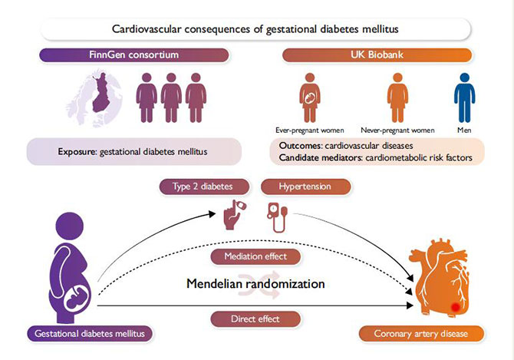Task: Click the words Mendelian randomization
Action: pyautogui.click(x=255, y=284)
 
